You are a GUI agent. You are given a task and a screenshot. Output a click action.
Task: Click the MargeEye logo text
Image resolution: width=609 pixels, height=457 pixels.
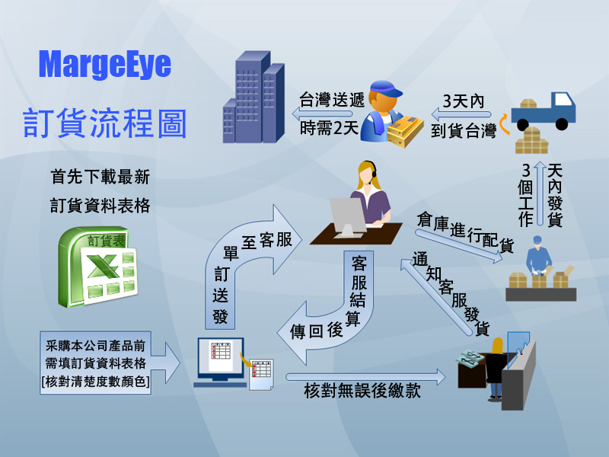click(105, 65)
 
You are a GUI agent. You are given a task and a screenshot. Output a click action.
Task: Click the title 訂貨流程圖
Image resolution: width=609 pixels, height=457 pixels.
click(105, 123)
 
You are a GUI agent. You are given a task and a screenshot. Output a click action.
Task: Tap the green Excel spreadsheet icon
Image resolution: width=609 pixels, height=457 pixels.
click(98, 267)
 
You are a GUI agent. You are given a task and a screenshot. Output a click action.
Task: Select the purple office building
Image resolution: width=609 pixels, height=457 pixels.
click(253, 97)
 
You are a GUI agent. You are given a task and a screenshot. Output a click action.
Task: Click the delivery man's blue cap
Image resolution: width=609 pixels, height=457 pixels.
click(387, 88)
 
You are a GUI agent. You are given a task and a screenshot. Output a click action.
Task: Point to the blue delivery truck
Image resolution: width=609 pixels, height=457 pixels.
click(544, 111)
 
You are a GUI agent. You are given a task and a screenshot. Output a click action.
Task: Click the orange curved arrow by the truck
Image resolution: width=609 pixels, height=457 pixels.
click(504, 123)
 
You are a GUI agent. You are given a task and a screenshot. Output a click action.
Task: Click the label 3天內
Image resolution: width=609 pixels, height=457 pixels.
click(464, 101)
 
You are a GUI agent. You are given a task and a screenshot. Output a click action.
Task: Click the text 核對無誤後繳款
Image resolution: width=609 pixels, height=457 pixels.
click(362, 391)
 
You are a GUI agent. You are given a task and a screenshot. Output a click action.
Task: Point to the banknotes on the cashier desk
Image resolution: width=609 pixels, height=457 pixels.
click(470, 358)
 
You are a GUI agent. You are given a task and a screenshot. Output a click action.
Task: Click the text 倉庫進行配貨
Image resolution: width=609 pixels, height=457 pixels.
click(465, 232)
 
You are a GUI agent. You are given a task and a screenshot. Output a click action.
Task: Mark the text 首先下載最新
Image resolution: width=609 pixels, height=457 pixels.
click(100, 177)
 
